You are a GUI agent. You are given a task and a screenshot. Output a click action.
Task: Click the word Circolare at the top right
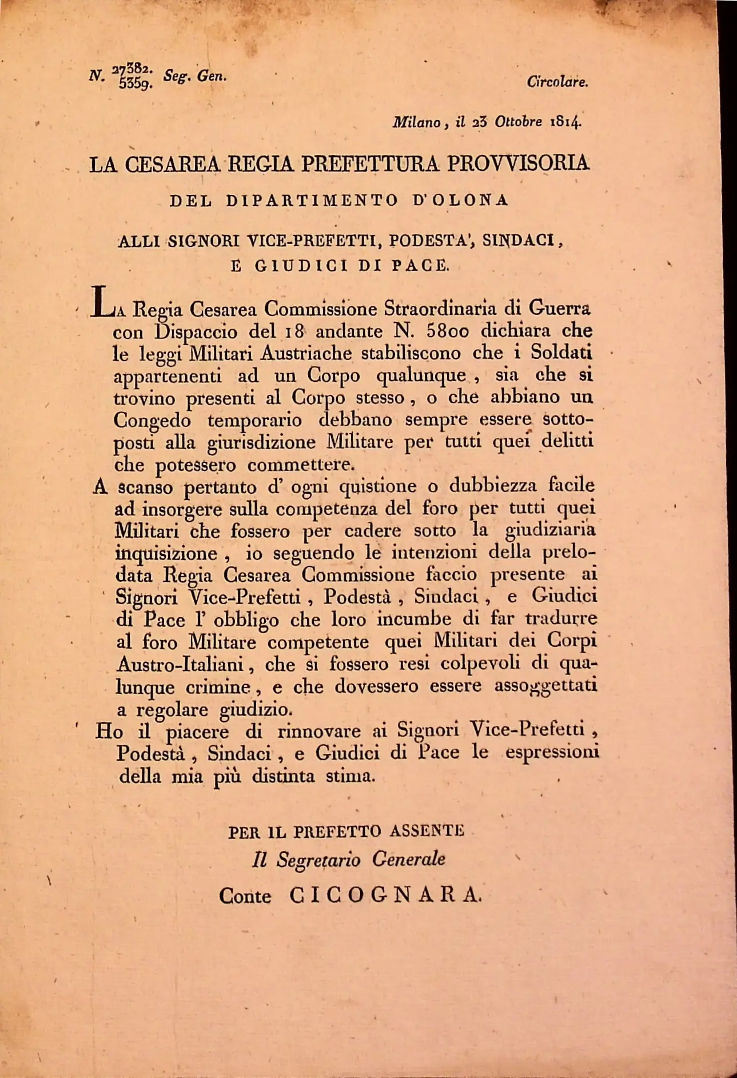[x=557, y=82]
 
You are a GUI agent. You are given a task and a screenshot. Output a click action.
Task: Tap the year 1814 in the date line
[x=565, y=122]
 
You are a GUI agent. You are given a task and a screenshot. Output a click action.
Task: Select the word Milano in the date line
[x=416, y=122]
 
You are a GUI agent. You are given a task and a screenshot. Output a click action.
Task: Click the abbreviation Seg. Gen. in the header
[x=195, y=75]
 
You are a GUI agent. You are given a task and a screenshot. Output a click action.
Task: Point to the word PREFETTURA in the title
[x=371, y=164]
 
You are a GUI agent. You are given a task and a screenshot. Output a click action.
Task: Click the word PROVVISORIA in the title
[x=518, y=163]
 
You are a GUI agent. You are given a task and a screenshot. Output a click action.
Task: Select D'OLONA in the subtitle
[x=460, y=201]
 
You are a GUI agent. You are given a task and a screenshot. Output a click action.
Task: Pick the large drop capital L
[x=102, y=301]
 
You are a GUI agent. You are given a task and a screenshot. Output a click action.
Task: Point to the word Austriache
[x=305, y=353]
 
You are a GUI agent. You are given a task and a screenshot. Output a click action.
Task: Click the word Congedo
[x=152, y=421]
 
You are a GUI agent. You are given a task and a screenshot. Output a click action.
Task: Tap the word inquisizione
[x=166, y=553]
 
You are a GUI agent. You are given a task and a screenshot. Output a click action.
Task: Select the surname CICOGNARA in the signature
[x=386, y=895]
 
